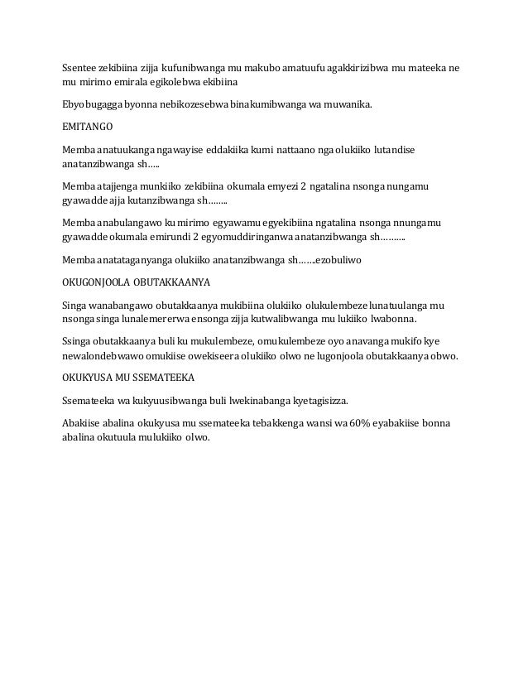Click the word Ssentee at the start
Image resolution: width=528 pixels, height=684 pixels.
(x=80, y=67)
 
